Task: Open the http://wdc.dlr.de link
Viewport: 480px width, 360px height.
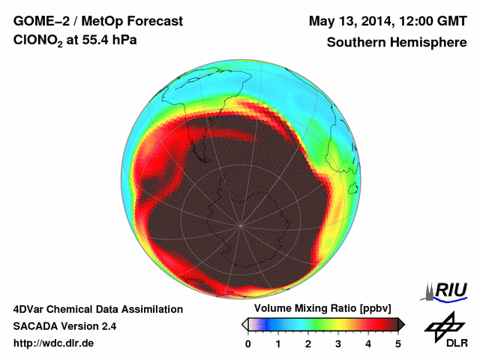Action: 54,343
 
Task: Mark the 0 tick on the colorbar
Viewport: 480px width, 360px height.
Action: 248,343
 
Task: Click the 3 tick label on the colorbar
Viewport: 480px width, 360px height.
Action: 338,343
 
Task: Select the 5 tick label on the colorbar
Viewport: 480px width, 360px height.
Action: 398,343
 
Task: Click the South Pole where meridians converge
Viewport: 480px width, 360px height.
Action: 240,226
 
